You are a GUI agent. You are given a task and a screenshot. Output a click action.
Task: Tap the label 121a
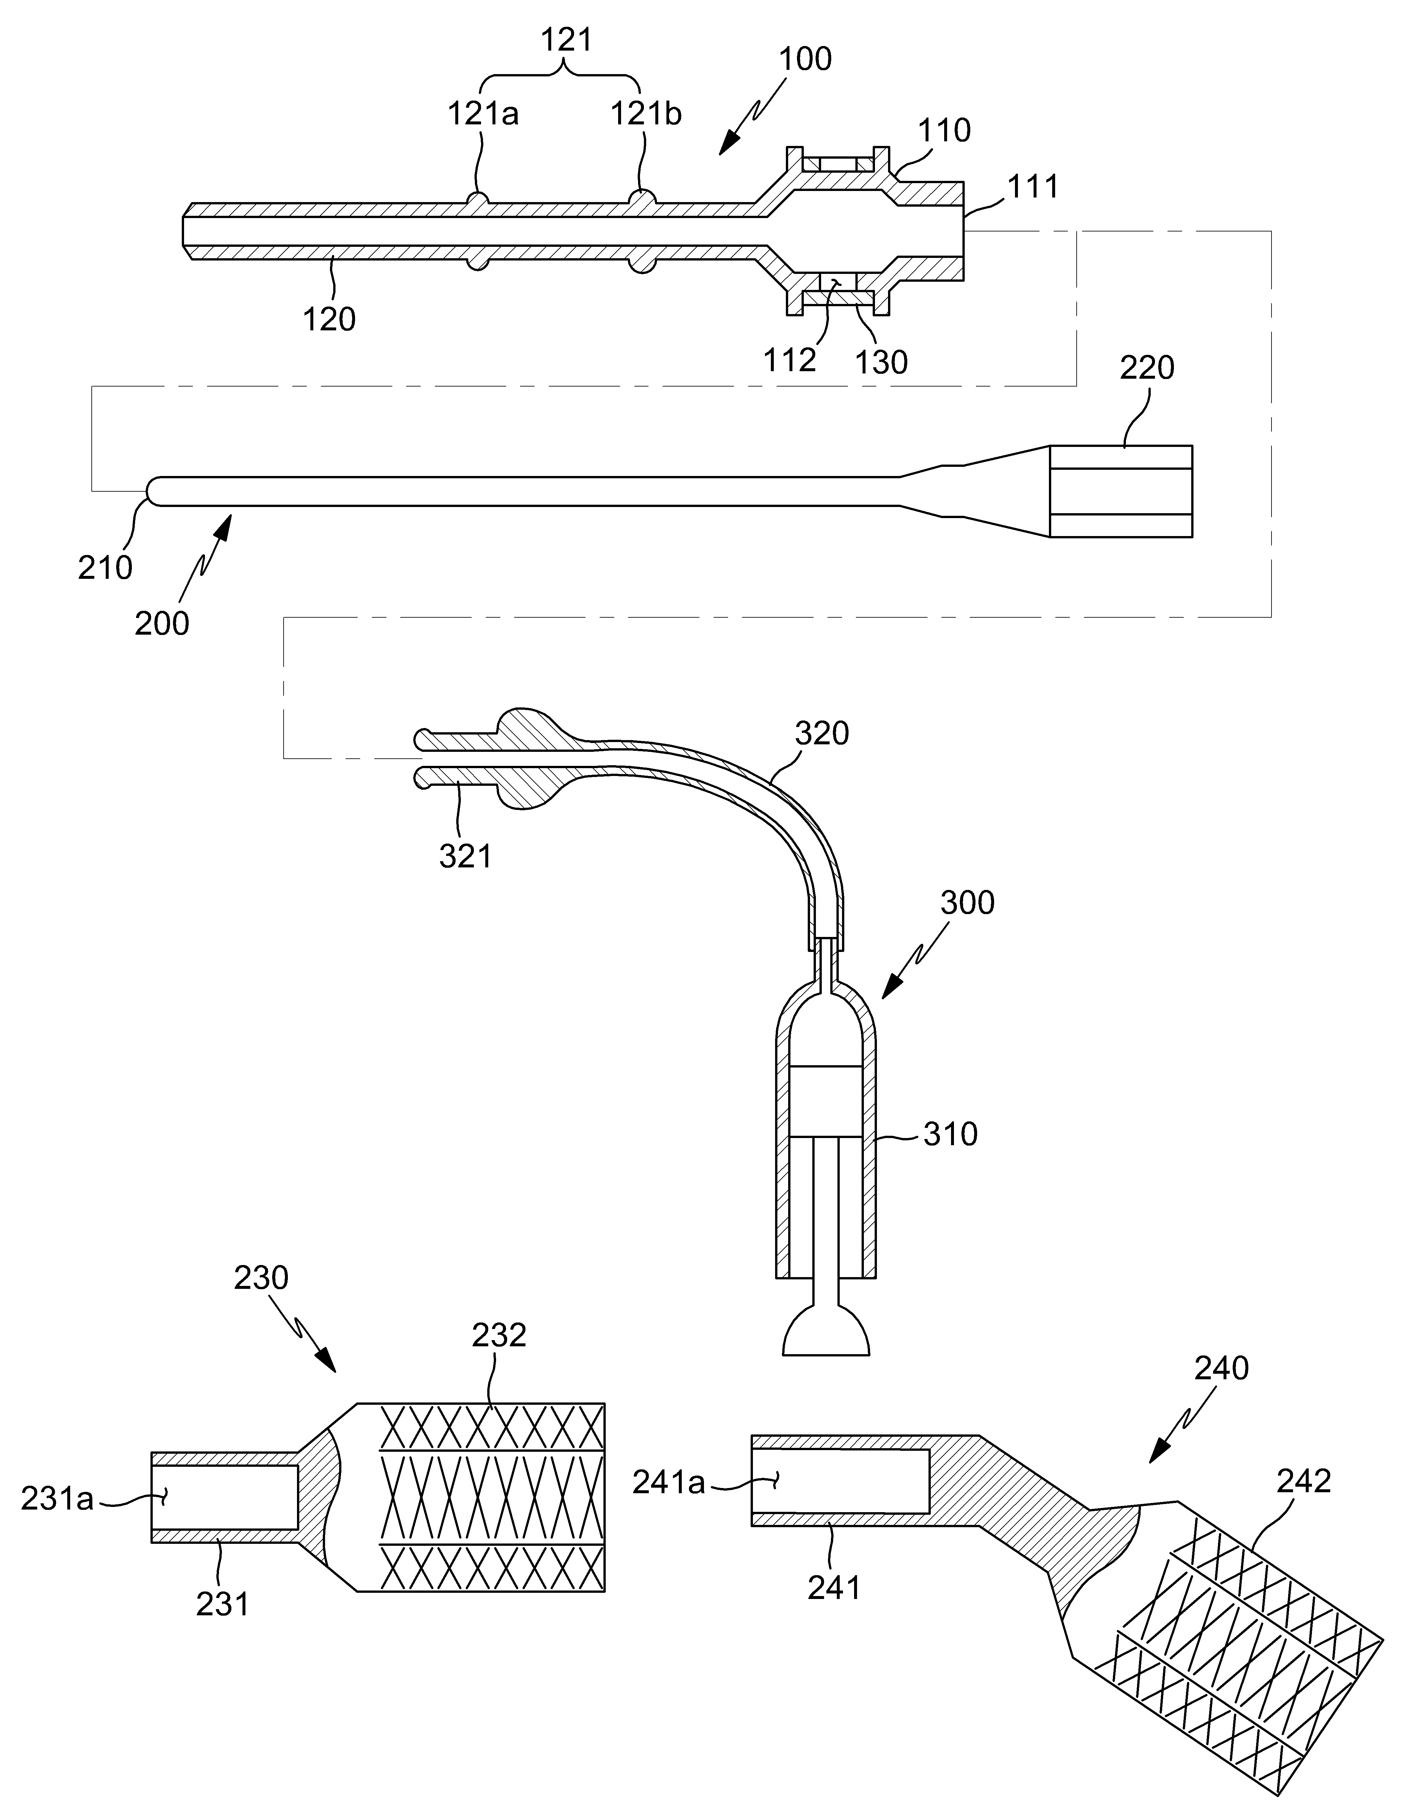[483, 113]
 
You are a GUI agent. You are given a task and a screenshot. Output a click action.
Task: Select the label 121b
[647, 113]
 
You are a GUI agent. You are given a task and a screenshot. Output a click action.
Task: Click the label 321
[465, 856]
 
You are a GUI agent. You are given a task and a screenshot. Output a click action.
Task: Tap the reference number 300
[967, 903]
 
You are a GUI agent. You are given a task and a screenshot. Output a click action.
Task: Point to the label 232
[499, 1334]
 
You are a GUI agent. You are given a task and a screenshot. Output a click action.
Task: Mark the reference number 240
[1222, 1368]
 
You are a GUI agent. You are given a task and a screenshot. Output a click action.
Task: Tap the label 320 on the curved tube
[821, 733]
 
